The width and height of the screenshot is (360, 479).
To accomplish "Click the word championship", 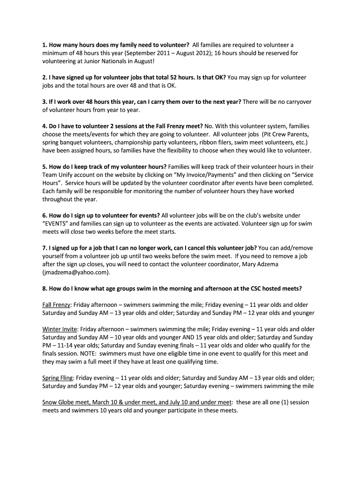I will coord(130,142).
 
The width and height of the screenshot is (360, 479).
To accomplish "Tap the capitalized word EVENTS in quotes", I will coord(58,224).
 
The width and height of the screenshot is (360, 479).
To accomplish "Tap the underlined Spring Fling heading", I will coord(58,377).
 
